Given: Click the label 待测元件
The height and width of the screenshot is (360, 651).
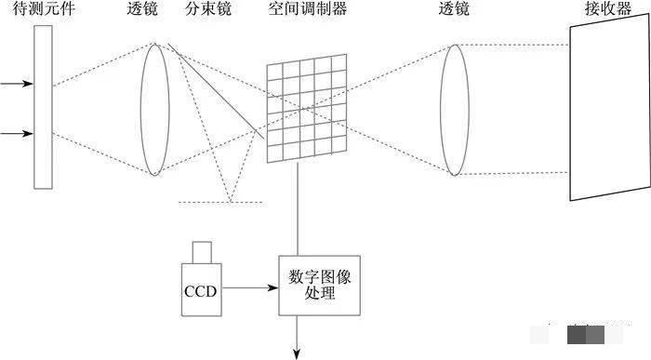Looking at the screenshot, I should click(x=44, y=11).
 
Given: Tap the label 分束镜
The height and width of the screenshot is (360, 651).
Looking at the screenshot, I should click(x=208, y=11).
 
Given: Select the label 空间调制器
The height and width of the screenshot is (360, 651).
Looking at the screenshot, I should click(x=305, y=11).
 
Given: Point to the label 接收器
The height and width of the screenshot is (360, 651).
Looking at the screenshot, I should click(x=605, y=11).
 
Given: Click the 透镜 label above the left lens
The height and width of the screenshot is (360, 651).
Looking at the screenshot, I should click(x=144, y=11).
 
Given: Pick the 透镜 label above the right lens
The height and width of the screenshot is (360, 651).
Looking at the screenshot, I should click(x=455, y=11).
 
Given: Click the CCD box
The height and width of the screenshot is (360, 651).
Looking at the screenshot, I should click(x=200, y=289).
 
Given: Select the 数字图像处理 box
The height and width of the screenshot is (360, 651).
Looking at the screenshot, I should click(x=318, y=285).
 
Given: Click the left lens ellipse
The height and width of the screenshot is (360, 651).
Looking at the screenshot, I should click(x=156, y=107).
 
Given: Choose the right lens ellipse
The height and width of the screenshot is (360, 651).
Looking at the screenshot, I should click(x=453, y=109).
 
